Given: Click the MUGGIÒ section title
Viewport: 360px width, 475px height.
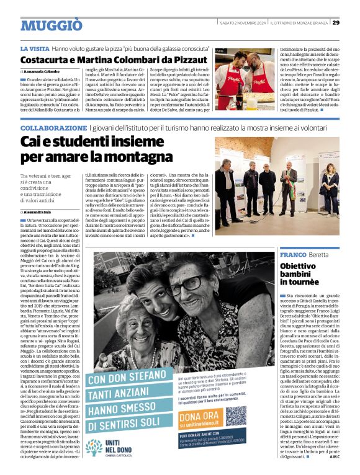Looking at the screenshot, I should pos(51,25).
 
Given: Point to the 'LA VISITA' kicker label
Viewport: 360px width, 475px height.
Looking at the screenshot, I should pos(35,48).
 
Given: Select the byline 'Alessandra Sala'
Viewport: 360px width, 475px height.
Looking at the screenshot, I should pos(45,212).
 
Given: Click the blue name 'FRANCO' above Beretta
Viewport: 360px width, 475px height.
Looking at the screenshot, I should pos(293,255).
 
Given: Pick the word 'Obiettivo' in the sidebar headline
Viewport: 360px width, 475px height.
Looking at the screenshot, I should pos(298,266).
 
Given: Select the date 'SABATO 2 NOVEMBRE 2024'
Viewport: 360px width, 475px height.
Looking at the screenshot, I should pos(242,23).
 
